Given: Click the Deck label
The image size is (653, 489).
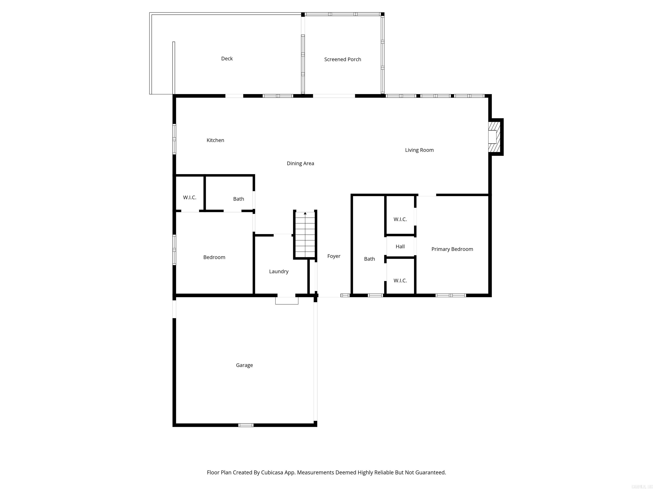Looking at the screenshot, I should pyautogui.click(x=227, y=59).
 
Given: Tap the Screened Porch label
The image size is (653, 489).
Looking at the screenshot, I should pyautogui.click(x=342, y=60).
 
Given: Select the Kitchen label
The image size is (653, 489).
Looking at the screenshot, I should pyautogui.click(x=215, y=140).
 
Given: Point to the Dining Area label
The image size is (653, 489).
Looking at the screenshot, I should pyautogui.click(x=300, y=163).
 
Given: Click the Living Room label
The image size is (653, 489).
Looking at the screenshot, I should pyautogui.click(x=419, y=150).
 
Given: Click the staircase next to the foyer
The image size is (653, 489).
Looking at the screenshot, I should pyautogui.click(x=305, y=235).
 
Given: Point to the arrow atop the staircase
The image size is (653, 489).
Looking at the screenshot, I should pyautogui.click(x=305, y=213).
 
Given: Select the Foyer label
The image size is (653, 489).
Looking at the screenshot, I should pyautogui.click(x=334, y=256).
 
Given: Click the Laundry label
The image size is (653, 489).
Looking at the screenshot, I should pyautogui.click(x=279, y=271).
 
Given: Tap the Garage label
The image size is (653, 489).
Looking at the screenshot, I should pyautogui.click(x=244, y=365).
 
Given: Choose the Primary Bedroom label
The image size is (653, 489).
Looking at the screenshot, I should pyautogui.click(x=452, y=249).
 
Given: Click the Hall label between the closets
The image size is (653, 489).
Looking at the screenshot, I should pyautogui.click(x=400, y=246).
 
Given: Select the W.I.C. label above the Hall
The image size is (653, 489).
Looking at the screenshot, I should pyautogui.click(x=400, y=219).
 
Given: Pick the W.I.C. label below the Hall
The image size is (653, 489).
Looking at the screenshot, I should pyautogui.click(x=400, y=281).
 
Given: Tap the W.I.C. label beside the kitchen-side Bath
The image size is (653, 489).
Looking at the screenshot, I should pyautogui.click(x=190, y=197).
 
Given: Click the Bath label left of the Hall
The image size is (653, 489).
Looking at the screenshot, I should pyautogui.click(x=369, y=259).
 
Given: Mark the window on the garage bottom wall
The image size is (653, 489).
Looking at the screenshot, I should pyautogui.click(x=246, y=425).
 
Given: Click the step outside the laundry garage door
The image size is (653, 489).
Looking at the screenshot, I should pyautogui.click(x=287, y=301).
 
